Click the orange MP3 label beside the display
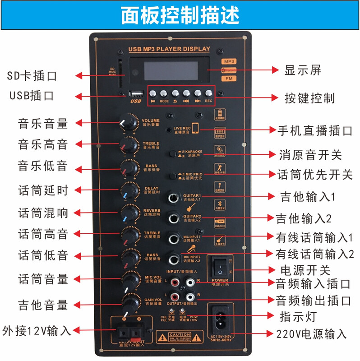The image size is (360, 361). (229, 61)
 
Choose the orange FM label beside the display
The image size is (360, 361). (229, 79)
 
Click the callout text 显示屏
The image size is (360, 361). (303, 70)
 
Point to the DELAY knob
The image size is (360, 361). (129, 190)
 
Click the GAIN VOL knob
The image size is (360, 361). (130, 303)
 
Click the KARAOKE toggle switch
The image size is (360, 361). (173, 154)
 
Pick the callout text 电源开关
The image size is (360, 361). (305, 270)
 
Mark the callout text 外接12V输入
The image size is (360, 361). (36, 330)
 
